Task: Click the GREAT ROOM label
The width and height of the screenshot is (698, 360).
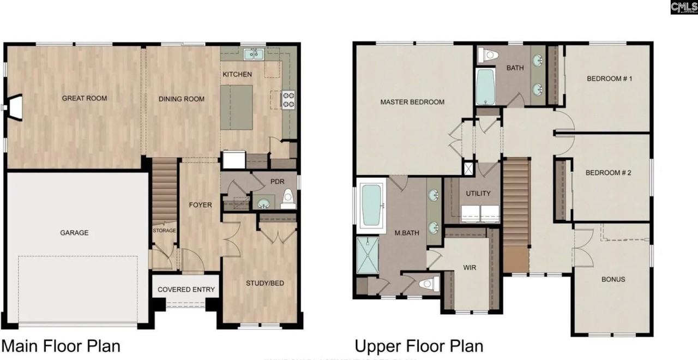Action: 84,99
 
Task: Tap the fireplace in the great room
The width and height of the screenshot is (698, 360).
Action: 15,107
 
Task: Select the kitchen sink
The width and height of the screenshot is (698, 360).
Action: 254,53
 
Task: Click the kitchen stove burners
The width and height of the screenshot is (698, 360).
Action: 288,99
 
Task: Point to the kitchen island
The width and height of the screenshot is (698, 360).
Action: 236,107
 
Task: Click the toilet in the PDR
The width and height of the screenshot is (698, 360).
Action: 288,200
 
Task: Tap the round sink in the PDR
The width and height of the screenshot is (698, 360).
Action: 263,204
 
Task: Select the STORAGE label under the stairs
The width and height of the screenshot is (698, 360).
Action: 164,231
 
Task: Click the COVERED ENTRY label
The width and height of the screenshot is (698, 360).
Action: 186,290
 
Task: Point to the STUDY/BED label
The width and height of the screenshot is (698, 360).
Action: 264,284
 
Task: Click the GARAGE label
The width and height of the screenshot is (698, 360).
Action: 74,233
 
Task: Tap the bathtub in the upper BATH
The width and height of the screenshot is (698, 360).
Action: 485,86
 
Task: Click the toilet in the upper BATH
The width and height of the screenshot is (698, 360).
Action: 488,55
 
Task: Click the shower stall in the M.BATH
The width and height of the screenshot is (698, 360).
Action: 367,254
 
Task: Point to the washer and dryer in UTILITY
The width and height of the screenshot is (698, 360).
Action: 480,214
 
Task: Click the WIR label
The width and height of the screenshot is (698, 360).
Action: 470,268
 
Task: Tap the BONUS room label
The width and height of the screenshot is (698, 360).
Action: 613,279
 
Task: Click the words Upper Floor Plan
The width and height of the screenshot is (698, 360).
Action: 418,346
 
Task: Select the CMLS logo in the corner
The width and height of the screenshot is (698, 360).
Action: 683,7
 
